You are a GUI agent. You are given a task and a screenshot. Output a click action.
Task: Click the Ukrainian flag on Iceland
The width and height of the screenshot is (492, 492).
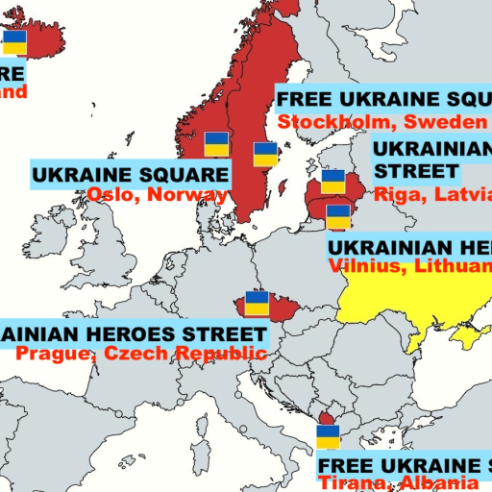point(14,42)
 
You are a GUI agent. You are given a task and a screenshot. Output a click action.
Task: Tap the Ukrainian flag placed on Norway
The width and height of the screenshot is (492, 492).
point(216,144)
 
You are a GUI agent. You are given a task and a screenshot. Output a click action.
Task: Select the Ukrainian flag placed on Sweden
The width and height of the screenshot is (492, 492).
point(265,154)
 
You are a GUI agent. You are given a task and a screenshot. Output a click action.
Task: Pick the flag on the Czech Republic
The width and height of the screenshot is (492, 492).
point(257,304)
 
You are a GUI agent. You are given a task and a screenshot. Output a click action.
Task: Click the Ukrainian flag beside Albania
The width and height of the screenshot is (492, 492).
point(329,437)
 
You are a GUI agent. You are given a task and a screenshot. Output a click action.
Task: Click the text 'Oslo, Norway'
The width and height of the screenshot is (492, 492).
point(157,194)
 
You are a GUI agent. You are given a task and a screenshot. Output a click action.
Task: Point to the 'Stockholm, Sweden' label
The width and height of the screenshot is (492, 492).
point(381,122)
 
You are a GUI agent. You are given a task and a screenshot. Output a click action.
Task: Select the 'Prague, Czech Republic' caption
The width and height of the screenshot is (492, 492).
point(140,354)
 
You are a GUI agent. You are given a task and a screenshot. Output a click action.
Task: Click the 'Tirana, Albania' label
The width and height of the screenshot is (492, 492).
point(398,482)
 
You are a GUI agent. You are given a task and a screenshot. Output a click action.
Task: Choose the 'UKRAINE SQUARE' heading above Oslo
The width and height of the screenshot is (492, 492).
point(131,175)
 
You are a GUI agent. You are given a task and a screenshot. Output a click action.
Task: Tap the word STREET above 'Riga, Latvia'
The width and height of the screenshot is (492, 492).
point(416,172)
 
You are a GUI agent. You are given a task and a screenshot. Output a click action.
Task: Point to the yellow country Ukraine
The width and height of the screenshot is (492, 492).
point(404,298)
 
